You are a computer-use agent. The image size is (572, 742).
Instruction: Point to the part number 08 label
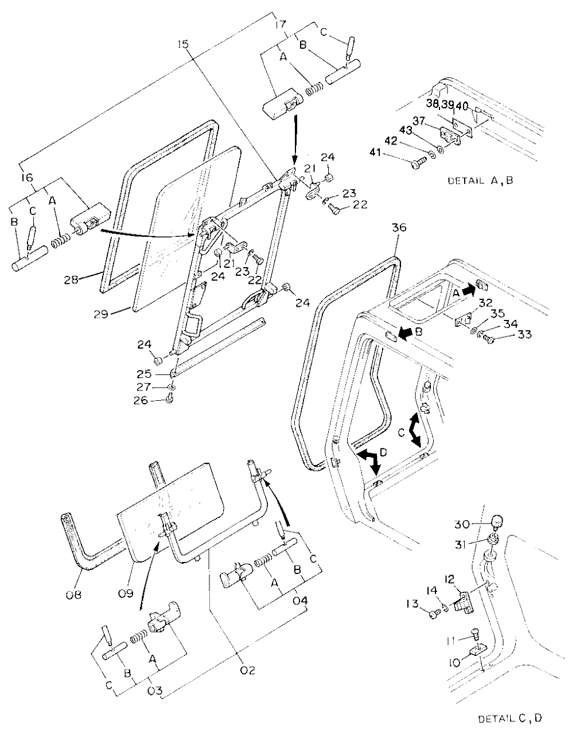tap(73, 595)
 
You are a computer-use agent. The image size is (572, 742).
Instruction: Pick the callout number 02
tap(248, 670)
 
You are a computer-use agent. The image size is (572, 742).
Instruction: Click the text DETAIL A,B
tap(480, 180)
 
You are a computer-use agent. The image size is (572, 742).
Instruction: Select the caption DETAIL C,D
tap(509, 718)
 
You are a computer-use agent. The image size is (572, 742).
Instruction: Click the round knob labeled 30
tap(498, 522)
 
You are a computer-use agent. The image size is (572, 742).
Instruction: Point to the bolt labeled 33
tap(489, 340)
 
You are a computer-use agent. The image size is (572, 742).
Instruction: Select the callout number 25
tap(145, 374)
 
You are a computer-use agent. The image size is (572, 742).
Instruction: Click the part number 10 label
tap(454, 663)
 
